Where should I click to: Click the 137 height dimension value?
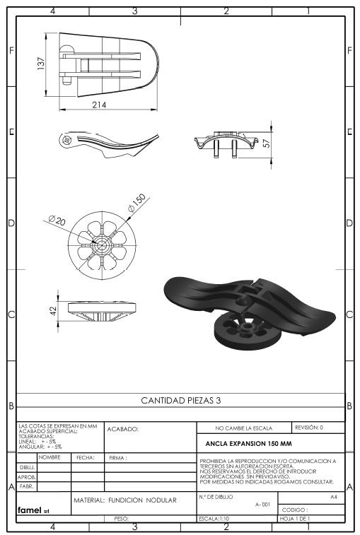point(41,64)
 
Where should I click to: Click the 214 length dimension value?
point(99,105)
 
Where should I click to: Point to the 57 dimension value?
point(267,143)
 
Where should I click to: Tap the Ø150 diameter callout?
point(137,203)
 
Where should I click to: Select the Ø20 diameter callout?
point(57,221)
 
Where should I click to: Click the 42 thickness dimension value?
point(53,311)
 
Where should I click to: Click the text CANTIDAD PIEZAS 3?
point(181,400)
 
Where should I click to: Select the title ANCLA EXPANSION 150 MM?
point(249,444)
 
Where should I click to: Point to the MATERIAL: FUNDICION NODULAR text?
point(125,500)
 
